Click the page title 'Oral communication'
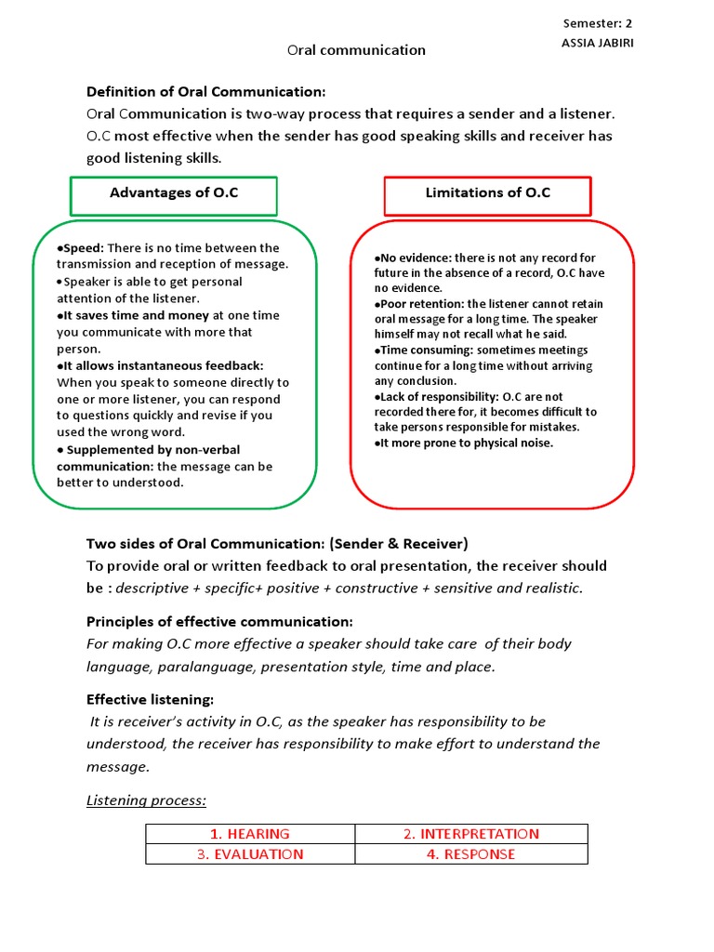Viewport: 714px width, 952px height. [x=356, y=50]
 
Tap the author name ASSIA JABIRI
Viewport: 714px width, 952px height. [x=598, y=44]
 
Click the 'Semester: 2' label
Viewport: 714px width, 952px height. [x=598, y=23]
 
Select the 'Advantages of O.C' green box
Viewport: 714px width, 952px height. [x=174, y=193]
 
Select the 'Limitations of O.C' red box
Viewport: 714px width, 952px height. [x=488, y=193]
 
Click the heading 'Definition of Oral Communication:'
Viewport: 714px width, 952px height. [x=206, y=91]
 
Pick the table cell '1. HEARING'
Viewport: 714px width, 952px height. [x=250, y=834]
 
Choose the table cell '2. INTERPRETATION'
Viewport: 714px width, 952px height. [x=471, y=834]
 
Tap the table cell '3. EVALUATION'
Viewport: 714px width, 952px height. [x=250, y=854]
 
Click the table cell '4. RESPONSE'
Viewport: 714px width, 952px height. [x=471, y=854]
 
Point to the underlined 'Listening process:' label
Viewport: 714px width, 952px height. [x=146, y=800]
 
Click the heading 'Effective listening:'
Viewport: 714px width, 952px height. [x=150, y=699]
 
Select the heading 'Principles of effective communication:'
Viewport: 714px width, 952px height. [x=219, y=621]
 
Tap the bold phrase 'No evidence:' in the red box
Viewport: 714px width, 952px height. [x=412, y=258]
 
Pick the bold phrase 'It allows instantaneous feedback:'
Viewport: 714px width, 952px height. [x=160, y=365]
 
